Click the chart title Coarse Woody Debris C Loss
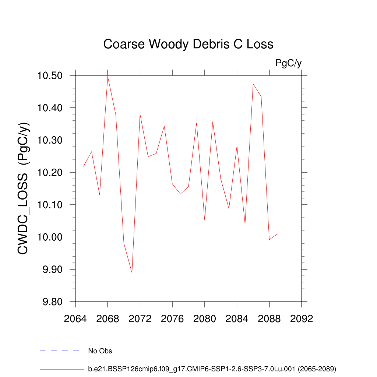188,44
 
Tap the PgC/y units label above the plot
288,63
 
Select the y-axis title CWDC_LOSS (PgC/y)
24,188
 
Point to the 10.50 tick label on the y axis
53,76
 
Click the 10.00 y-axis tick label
53,237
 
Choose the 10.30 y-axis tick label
53,140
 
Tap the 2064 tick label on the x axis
75,319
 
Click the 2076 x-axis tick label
172,319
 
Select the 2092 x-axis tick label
302,319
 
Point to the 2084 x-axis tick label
237,319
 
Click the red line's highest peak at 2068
108,76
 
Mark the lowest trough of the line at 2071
132,273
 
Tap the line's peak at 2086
253,84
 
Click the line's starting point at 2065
84,166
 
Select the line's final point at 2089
277,234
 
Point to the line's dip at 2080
205,220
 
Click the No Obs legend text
100,351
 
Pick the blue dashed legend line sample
59,351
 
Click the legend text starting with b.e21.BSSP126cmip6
212,369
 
